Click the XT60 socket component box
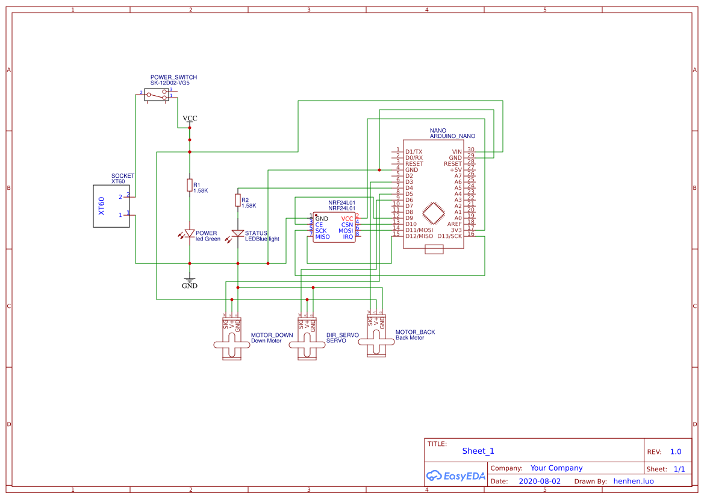111,206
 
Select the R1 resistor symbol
190,185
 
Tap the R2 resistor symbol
238,200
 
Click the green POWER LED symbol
190,233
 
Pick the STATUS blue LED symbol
238,233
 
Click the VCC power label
190,119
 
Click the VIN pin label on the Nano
456,151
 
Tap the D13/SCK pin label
450,236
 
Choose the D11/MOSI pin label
419,230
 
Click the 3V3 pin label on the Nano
456,230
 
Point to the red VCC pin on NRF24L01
347,218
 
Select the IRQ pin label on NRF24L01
348,237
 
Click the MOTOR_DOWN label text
272,335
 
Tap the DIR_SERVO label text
342,335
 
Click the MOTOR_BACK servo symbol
376,341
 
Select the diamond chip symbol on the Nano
434,213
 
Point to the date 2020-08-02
540,482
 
